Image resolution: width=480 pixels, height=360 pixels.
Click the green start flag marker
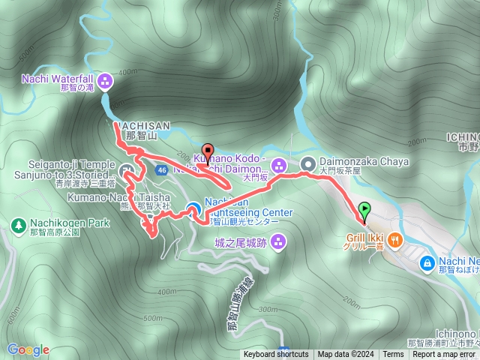click(x=364, y=211)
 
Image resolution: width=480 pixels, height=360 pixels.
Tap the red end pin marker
click(x=208, y=149)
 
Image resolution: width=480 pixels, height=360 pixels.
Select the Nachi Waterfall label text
click(x=56, y=77)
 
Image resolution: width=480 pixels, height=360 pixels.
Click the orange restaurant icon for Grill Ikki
click(x=395, y=239)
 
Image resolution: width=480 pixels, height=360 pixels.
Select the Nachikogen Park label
click(x=66, y=223)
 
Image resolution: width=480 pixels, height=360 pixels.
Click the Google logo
click(x=28, y=349)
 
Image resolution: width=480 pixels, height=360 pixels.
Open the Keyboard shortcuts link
click(x=275, y=355)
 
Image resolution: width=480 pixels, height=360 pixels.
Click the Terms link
click(x=392, y=355)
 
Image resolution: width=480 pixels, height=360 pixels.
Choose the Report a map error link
click(x=444, y=355)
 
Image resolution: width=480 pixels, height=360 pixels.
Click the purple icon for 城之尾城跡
click(x=279, y=241)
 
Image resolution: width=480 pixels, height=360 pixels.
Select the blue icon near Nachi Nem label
click(x=426, y=262)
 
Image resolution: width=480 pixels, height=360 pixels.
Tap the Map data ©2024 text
click(x=345, y=355)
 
